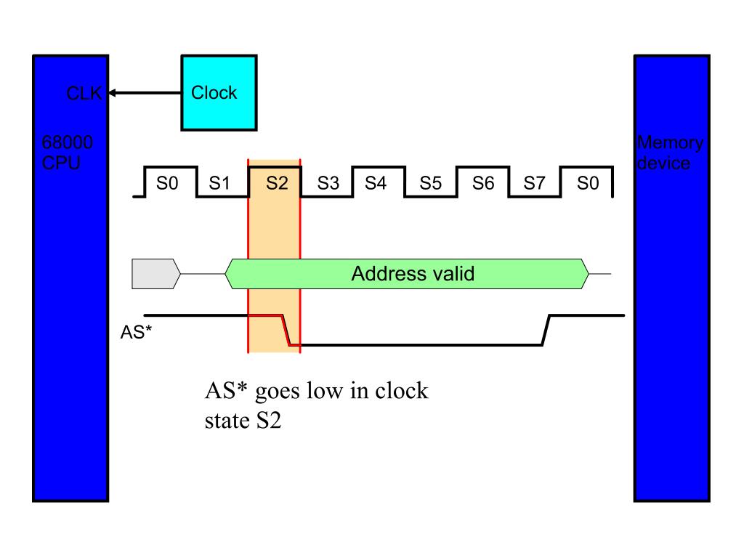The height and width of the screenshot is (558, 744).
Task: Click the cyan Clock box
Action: pos(219,92)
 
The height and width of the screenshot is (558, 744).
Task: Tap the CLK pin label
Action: pos(84,93)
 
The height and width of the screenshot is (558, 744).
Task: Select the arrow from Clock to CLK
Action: pos(145,93)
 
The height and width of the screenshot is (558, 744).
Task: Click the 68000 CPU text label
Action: pos(67,153)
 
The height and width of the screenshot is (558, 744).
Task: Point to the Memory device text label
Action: pos(670,153)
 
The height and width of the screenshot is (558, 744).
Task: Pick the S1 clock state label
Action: pos(219,182)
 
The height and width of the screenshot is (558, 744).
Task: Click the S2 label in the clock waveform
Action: pos(277,182)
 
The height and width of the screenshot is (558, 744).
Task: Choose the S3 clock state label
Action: pos(328,182)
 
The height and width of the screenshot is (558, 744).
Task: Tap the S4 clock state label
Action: pos(376,182)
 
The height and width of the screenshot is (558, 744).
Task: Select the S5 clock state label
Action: pos(431,182)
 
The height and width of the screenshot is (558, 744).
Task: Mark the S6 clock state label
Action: pos(483,182)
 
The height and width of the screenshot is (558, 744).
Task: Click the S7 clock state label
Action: pos(535,182)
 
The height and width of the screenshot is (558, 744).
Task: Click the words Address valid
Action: pos(413,274)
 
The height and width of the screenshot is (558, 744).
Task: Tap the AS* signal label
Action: pos(136,332)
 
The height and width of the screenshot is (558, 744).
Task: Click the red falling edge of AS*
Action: pos(286,330)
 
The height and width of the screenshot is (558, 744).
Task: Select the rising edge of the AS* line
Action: pos(546,330)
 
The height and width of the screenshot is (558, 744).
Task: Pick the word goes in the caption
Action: pos(278,393)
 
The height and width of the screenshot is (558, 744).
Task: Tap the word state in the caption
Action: pos(227,421)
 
